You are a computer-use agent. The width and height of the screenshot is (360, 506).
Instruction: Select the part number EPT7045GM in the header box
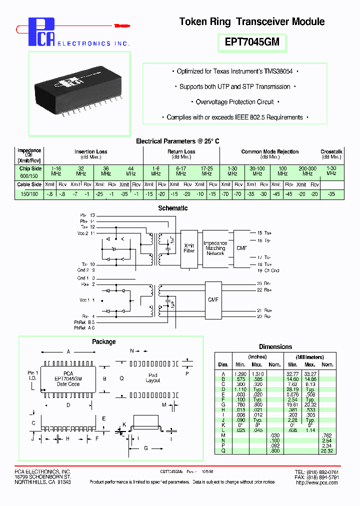click(252, 43)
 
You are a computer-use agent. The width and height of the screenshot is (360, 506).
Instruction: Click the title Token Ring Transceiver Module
click(252, 21)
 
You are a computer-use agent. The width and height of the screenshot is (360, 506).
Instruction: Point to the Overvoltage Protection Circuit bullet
click(235, 102)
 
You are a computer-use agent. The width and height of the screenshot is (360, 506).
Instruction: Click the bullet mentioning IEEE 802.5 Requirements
click(235, 117)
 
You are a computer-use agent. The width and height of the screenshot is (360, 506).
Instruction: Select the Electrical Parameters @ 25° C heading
click(177, 141)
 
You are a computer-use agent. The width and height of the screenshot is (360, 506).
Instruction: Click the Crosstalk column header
click(331, 151)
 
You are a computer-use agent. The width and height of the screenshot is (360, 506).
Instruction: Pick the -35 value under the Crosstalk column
click(331, 193)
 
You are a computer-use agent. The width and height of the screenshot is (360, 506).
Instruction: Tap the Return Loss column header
click(181, 151)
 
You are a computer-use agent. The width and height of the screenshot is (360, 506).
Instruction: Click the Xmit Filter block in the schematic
click(188, 248)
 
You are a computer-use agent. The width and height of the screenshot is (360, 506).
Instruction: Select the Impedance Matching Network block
click(215, 248)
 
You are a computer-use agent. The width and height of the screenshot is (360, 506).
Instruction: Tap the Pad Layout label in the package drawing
click(153, 378)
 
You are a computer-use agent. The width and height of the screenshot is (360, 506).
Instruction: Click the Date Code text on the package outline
click(68, 384)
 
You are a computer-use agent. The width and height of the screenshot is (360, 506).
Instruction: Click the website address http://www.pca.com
click(314, 482)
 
